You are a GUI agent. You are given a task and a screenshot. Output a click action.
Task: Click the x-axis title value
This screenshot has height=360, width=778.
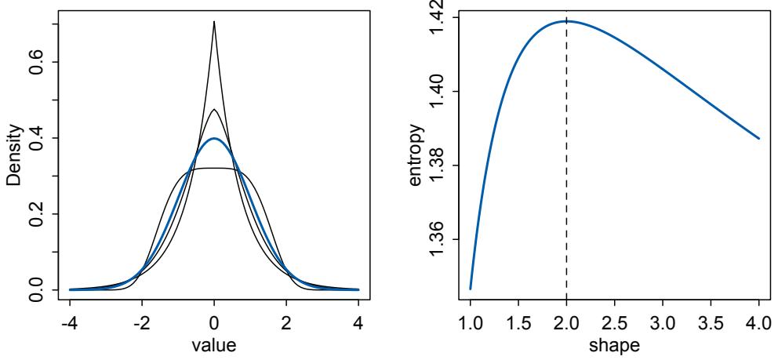[x=213, y=344]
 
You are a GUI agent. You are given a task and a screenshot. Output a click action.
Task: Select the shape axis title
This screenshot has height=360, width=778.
[x=615, y=344]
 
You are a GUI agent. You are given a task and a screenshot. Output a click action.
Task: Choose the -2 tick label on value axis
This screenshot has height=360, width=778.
[x=140, y=322]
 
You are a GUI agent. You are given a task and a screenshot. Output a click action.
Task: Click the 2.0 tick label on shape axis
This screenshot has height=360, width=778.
[x=566, y=322]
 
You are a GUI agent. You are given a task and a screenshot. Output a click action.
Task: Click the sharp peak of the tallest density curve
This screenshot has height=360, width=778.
[x=214, y=22]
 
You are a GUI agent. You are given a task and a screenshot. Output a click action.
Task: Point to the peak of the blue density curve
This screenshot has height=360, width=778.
[x=214, y=139]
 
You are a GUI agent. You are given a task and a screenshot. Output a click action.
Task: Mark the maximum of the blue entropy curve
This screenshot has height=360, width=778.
[x=566, y=21]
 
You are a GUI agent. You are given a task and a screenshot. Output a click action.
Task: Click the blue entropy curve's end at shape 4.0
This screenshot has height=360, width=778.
[x=759, y=138]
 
